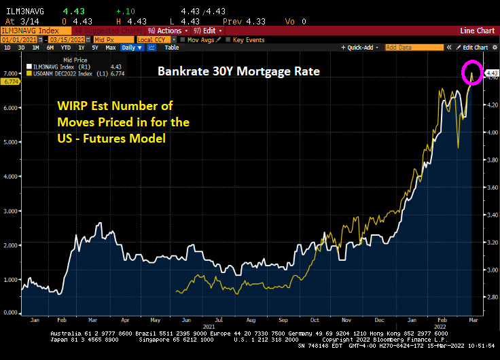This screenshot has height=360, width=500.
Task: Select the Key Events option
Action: (248, 39)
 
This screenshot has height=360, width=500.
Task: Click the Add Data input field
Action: (415, 48)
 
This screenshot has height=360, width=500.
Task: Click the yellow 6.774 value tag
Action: (10, 82)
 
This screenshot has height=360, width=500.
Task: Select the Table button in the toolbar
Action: (172, 48)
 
